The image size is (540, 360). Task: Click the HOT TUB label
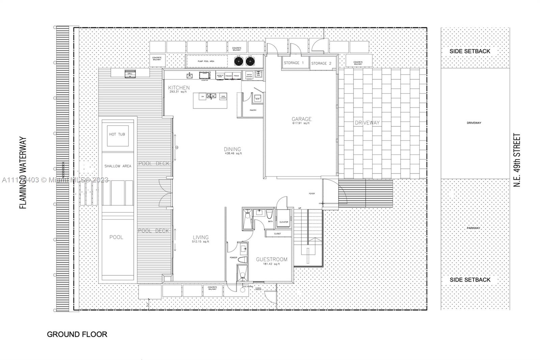[117, 134]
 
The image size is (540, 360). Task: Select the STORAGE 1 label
[294, 63]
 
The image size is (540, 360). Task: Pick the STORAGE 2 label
[321, 63]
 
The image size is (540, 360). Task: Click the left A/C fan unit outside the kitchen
[239, 61]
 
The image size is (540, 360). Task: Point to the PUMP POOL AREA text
[206, 61]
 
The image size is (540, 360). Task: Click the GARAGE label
[301, 119]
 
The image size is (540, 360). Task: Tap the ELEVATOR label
[284, 222]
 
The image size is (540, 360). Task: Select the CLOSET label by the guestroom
[277, 234]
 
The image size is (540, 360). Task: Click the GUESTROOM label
[272, 259]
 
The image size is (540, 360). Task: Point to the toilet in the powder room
[243, 260]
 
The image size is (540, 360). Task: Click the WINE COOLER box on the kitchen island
[223, 97]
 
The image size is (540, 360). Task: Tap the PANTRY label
[253, 110]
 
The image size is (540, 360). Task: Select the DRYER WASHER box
[249, 75]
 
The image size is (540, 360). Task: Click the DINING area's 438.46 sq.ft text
[233, 154]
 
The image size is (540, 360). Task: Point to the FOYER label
[312, 194]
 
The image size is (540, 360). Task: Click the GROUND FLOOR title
[77, 334]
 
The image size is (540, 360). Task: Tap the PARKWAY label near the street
[474, 228]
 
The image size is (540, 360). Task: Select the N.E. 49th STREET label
[517, 160]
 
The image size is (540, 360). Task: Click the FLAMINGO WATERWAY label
[23, 173]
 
